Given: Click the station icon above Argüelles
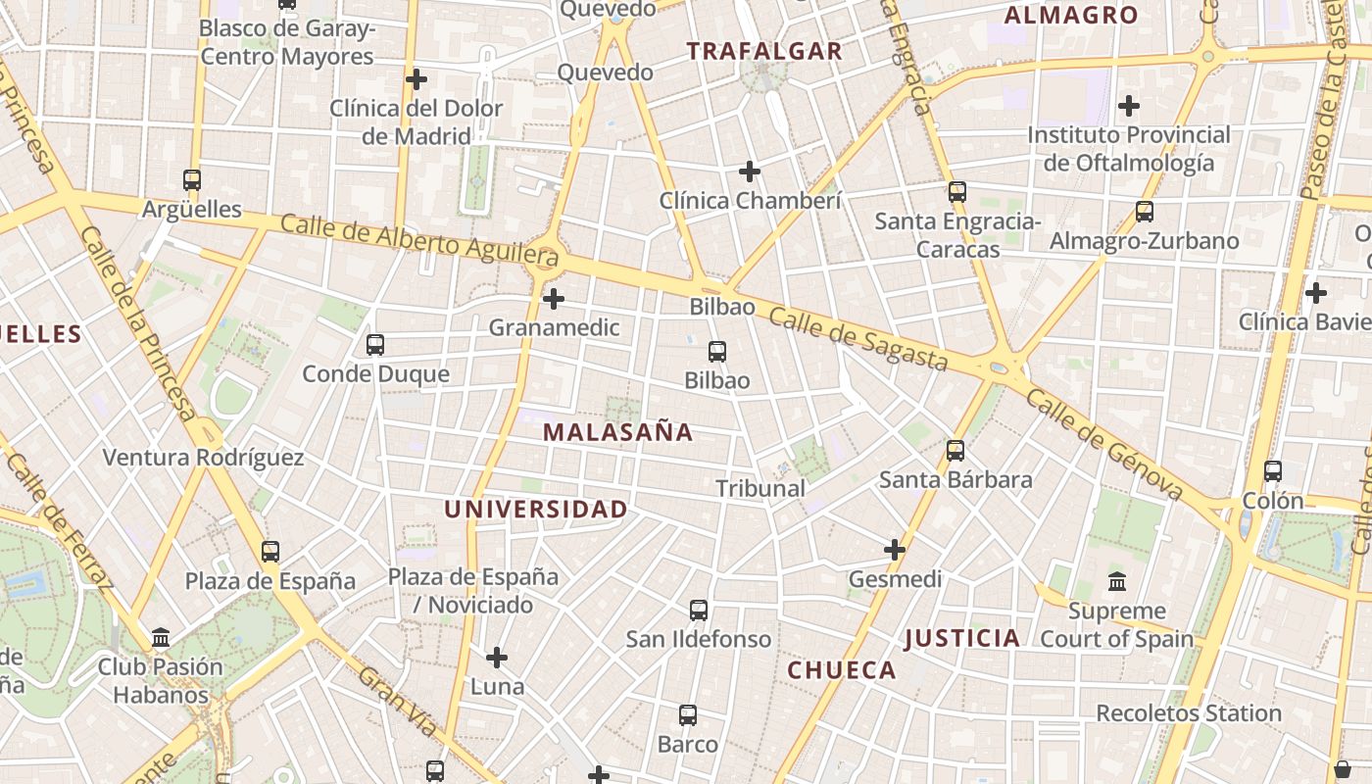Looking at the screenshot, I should [x=192, y=180].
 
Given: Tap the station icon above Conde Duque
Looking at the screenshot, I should [x=375, y=345].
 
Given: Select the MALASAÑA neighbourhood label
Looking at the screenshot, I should [x=617, y=432].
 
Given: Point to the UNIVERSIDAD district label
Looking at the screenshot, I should [x=535, y=510].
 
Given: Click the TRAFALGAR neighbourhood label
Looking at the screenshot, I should [x=764, y=52].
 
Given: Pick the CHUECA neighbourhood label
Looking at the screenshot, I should [x=843, y=670].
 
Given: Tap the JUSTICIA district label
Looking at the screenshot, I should [x=961, y=639].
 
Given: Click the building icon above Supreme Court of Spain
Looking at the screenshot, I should [x=1116, y=582].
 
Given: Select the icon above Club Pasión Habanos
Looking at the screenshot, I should [x=161, y=639].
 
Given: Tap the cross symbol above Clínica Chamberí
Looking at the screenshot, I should [x=750, y=171].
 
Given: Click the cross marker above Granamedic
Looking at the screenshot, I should [x=554, y=298].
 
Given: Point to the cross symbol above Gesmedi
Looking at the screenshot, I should [x=895, y=550].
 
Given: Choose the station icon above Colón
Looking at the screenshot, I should [x=1273, y=471].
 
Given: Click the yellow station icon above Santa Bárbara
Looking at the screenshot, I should [x=955, y=451].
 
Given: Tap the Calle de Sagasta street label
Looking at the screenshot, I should [x=857, y=340].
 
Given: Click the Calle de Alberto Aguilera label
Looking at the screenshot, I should [x=419, y=241].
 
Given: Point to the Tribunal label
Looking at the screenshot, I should [x=760, y=488].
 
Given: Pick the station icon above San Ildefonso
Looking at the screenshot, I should [x=699, y=611].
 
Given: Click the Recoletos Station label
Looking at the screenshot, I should [x=1189, y=713].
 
